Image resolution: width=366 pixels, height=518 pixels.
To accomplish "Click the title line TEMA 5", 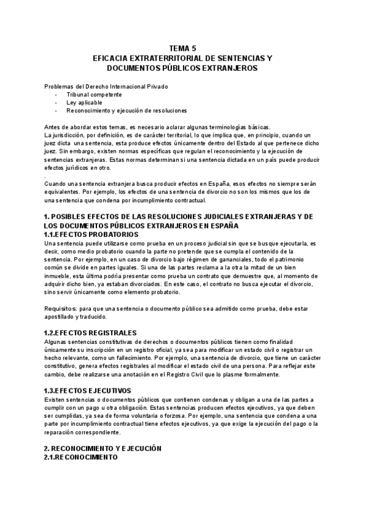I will click(x=182, y=48).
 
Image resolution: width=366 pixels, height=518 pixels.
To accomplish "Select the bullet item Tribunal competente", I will click(x=94, y=95).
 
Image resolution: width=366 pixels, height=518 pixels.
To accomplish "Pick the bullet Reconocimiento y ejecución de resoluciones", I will click(x=127, y=111).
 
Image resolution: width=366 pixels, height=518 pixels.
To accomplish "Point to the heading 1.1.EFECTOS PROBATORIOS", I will click(x=91, y=234).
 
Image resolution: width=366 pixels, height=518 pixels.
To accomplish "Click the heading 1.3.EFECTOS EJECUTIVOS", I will click(x=88, y=390).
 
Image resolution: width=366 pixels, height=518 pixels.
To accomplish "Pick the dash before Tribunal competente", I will click(x=57, y=95).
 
